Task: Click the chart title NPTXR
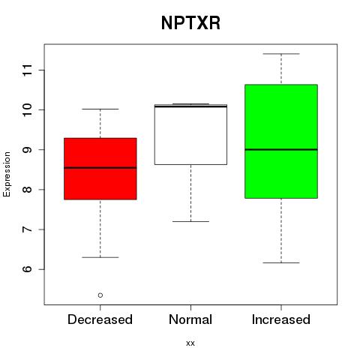(190, 23)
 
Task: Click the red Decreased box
(100, 169)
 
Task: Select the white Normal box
(190, 134)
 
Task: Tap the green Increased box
(281, 142)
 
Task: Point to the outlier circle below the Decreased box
(100, 295)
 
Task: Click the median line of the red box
(100, 168)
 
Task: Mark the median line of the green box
(281, 149)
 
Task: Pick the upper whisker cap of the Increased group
(281, 54)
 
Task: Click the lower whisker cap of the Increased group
(281, 262)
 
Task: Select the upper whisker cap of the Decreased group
(100, 109)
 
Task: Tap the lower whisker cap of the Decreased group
(100, 257)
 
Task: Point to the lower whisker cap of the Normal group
(190, 221)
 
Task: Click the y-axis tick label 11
(27, 70)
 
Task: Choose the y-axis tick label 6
(27, 269)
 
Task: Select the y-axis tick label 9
(27, 150)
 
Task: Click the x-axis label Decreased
(100, 319)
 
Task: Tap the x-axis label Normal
(190, 319)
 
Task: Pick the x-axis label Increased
(281, 319)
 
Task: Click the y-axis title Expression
(7, 174)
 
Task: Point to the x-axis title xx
(190, 343)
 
